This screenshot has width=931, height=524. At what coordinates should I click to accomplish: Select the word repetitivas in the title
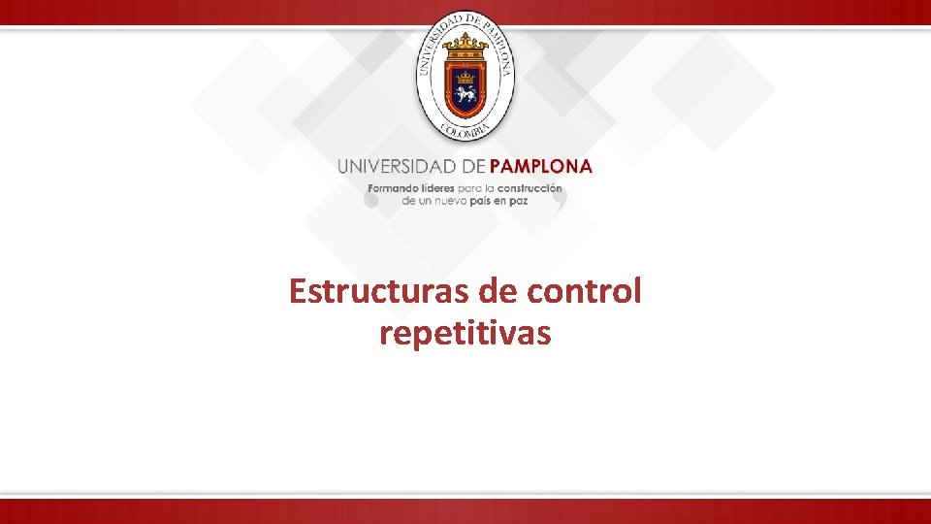coord(465,334)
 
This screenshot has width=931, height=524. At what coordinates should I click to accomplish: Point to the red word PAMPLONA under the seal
coord(541,166)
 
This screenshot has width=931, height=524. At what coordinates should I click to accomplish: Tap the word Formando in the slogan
coord(392,187)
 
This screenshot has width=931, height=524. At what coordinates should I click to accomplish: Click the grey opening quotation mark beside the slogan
coord(371,200)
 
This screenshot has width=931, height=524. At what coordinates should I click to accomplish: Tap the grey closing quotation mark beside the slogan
coord(559,200)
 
